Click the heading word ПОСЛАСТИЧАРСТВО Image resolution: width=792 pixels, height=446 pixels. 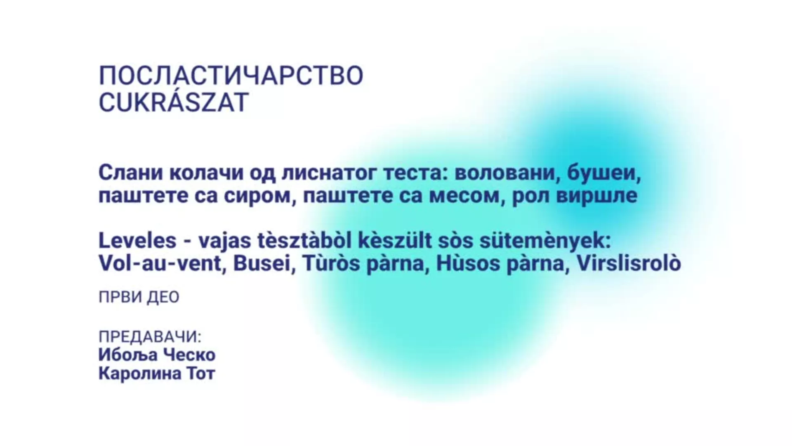coord(231,76)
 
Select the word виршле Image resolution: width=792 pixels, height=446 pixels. coord(597,196)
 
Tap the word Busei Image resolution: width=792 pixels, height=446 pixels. coord(262,263)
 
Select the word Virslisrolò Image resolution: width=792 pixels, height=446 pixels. coord(628,263)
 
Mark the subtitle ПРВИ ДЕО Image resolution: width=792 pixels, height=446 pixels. coord(139,297)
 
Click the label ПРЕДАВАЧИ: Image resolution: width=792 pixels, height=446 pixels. coord(150,337)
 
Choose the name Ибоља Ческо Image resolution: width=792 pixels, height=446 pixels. coord(157,355)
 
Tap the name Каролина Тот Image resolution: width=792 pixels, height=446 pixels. coord(157,374)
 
